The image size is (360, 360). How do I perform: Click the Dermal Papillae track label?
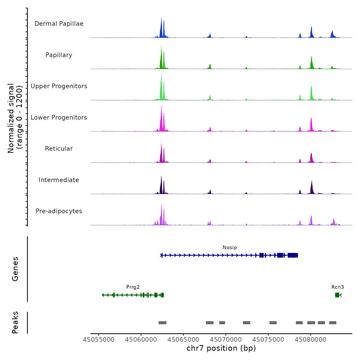point(59,24)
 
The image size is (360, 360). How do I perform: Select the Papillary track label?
point(59,55)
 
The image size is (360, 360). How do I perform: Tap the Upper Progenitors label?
point(59,86)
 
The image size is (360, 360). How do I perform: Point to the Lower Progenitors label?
point(59,118)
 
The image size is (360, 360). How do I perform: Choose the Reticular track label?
point(59,149)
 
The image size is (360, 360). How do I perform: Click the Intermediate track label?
point(59,180)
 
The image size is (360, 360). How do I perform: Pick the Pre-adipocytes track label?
point(59,211)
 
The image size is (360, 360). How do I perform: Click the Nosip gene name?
point(230,247)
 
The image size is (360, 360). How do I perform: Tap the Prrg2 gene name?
point(133,287)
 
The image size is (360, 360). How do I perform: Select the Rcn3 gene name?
point(338,287)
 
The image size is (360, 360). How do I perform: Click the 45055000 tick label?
point(98,340)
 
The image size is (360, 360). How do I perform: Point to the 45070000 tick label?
point(226,340)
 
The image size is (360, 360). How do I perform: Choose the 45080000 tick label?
point(310,340)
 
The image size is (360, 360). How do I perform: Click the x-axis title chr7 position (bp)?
point(221,348)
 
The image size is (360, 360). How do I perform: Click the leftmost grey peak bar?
point(162,323)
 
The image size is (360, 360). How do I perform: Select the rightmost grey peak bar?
point(333,323)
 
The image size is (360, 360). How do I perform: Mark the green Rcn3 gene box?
point(337,295)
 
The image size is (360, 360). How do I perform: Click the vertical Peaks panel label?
point(15,322)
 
